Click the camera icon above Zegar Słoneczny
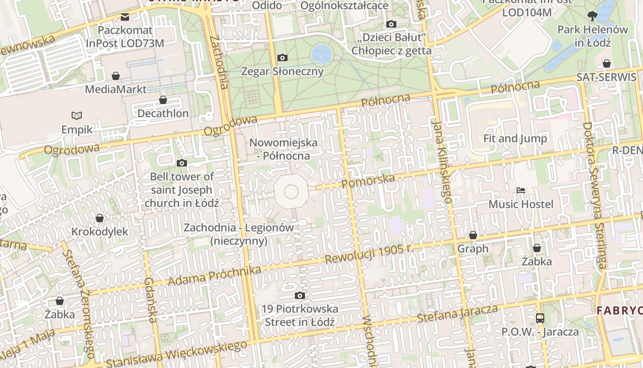pos(282,57)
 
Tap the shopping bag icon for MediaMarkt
pos(116,75)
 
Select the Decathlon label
pos(163,113)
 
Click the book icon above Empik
pos(77,115)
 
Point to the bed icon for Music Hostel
pos(520,190)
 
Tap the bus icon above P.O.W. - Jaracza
pos(540,318)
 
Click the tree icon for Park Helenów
pos(592,16)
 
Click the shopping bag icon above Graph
pos(473,235)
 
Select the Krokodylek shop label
pos(100,231)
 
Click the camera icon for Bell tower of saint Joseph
pos(182,163)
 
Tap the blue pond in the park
pos(321,54)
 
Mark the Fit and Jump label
pos(515,138)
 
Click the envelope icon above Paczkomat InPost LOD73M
pos(125,17)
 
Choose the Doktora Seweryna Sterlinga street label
pos(594,195)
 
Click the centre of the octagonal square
pos(291,192)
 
